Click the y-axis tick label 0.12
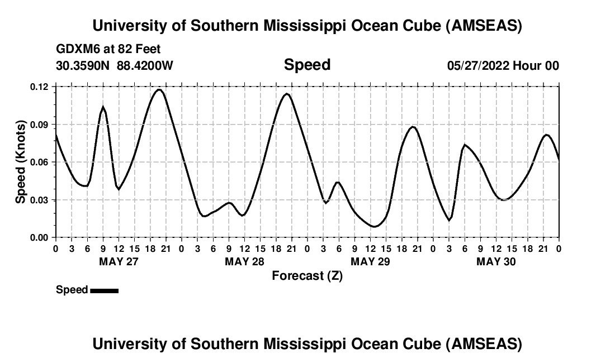pyautogui.click(x=39, y=87)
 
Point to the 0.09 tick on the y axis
pyautogui.click(x=39, y=125)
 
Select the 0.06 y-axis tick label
pyautogui.click(x=39, y=162)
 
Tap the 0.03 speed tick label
pyautogui.click(x=39, y=200)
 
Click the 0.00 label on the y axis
pyautogui.click(x=39, y=237)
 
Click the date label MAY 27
pyautogui.click(x=118, y=261)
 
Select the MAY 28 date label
pyautogui.click(x=244, y=261)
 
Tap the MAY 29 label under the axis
pyautogui.click(x=370, y=261)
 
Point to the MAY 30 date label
pyautogui.click(x=496, y=261)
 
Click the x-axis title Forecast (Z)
pyautogui.click(x=307, y=276)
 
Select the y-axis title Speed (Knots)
pyautogui.click(x=21, y=162)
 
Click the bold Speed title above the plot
pyautogui.click(x=307, y=65)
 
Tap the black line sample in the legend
pyautogui.click(x=104, y=290)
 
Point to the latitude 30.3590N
pyautogui.click(x=84, y=65)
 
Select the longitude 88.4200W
pyautogui.click(x=145, y=65)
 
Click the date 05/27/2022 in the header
pyautogui.click(x=477, y=65)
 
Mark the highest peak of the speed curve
pyautogui.click(x=159, y=89)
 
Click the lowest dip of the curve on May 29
pyautogui.click(x=374, y=227)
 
